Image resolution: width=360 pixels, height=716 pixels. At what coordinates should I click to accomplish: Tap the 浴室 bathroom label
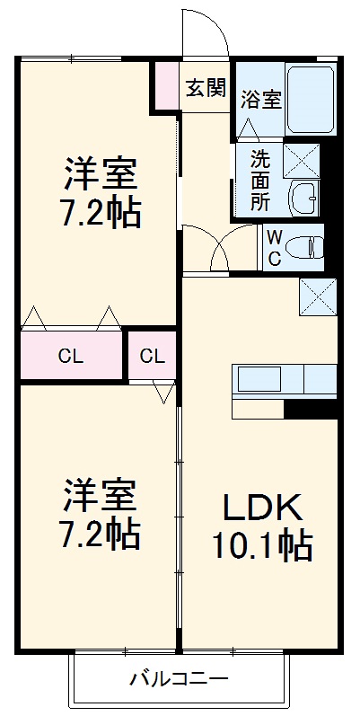261,99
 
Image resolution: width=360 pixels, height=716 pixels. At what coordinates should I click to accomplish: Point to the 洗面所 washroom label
259,181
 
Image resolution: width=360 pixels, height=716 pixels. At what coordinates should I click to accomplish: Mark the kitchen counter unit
285,379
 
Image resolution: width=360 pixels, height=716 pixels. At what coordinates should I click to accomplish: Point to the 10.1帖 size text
261,545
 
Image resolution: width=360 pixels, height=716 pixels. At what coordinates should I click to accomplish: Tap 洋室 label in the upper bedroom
100,171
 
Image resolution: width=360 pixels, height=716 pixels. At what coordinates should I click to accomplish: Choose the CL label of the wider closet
71,356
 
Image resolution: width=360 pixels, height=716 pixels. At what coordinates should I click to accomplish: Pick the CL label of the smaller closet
152,356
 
